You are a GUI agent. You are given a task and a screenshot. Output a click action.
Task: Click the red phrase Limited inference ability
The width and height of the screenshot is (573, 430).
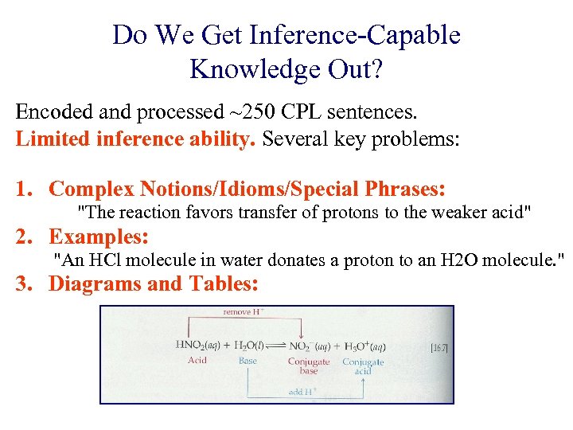[135, 139]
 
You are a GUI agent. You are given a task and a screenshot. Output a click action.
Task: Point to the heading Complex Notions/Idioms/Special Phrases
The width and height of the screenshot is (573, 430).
[247, 189]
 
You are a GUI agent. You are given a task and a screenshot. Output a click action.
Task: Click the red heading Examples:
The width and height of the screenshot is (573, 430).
[99, 236]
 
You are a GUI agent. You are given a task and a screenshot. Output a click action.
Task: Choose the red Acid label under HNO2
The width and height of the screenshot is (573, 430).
[197, 360]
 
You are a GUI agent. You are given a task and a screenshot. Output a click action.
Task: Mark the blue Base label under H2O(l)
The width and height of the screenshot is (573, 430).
[248, 361]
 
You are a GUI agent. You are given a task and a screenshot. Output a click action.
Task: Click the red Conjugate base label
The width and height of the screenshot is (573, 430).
[308, 365]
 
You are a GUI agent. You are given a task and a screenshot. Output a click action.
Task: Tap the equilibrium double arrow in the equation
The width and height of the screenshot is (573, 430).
[274, 344]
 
